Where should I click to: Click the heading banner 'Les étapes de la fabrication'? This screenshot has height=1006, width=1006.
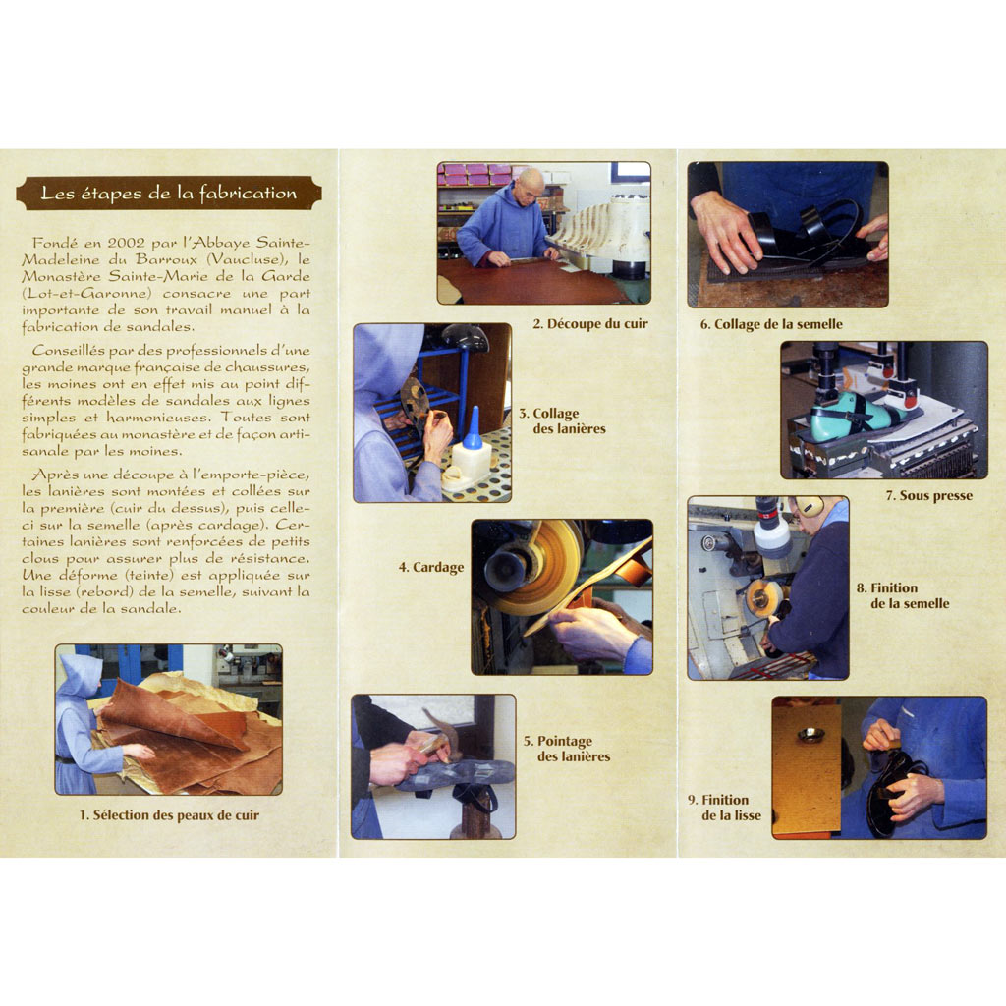pos(169,194)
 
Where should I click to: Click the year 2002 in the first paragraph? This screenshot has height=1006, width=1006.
pos(127,244)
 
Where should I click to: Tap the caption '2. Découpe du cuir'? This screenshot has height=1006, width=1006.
pos(590,324)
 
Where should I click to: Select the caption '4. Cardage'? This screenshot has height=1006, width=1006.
pos(431,567)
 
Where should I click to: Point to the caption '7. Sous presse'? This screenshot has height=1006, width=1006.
pos(929,495)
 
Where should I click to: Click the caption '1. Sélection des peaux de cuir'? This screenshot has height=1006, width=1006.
pos(169,815)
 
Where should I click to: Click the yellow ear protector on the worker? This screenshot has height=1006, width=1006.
pos(810,506)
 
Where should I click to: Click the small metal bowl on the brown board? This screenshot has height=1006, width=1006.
pos(810,733)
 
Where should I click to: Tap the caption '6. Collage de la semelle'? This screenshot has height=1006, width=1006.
pos(771,324)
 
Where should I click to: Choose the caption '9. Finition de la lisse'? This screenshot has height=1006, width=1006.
pos(725,808)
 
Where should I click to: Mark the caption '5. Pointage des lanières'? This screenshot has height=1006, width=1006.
pos(567,749)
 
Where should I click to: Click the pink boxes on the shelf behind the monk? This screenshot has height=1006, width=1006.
pos(475,173)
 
